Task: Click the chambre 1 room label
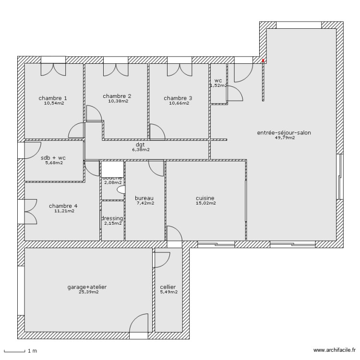coord(53,98)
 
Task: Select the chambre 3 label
coord(178,98)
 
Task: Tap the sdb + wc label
coord(54,157)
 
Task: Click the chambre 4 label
coord(63,206)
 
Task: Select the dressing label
coord(112,218)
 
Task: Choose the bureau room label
coord(144,198)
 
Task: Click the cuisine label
coord(205,198)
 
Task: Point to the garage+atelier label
coord(87,287)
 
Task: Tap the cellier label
coord(168,287)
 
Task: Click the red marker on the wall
coord(263,60)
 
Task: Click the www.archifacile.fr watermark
coord(335,351)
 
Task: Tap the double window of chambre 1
coord(53,60)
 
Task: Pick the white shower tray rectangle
coord(112,168)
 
